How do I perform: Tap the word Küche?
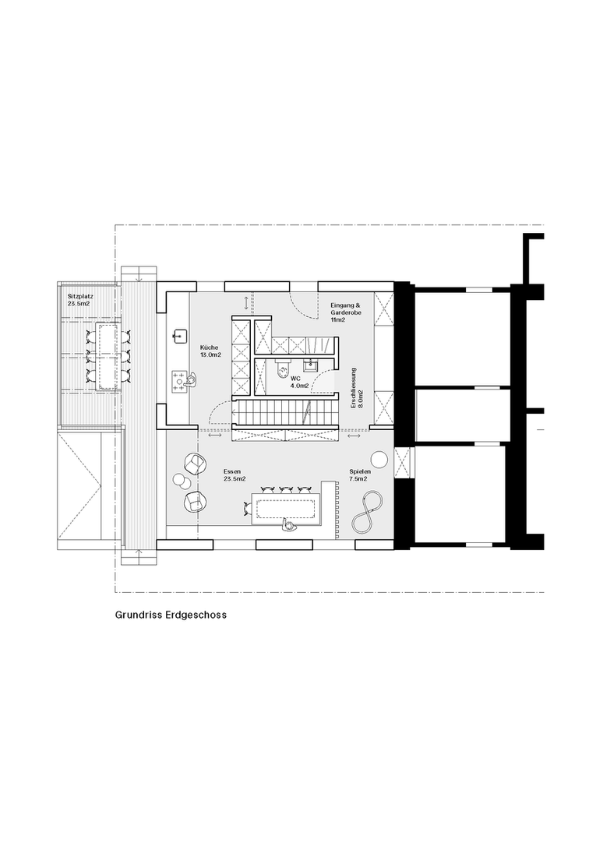coord(209,347)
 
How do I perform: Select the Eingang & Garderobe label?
coord(346,309)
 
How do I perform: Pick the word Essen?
coord(232,471)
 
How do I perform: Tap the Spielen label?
coord(359,471)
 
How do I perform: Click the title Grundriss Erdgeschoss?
coord(171,615)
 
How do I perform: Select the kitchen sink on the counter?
coord(179,337)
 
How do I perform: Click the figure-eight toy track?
coord(368,513)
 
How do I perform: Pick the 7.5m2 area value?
coord(358,478)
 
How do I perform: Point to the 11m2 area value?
coord(337,319)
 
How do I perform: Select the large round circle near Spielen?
coord(380,459)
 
